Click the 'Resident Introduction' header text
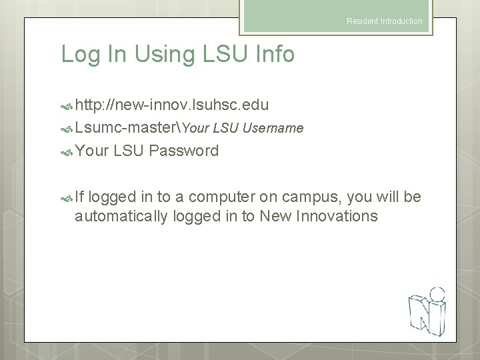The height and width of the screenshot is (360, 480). point(384,21)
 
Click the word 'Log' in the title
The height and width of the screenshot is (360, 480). point(79,55)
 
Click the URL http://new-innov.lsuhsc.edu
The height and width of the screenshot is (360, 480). point(172,105)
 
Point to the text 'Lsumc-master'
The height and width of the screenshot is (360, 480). point(127,127)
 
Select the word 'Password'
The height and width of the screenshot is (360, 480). point(184,151)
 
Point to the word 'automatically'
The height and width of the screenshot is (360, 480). point(121,216)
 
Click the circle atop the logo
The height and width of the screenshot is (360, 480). point(437,293)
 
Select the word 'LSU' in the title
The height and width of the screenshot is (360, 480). point(225,55)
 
